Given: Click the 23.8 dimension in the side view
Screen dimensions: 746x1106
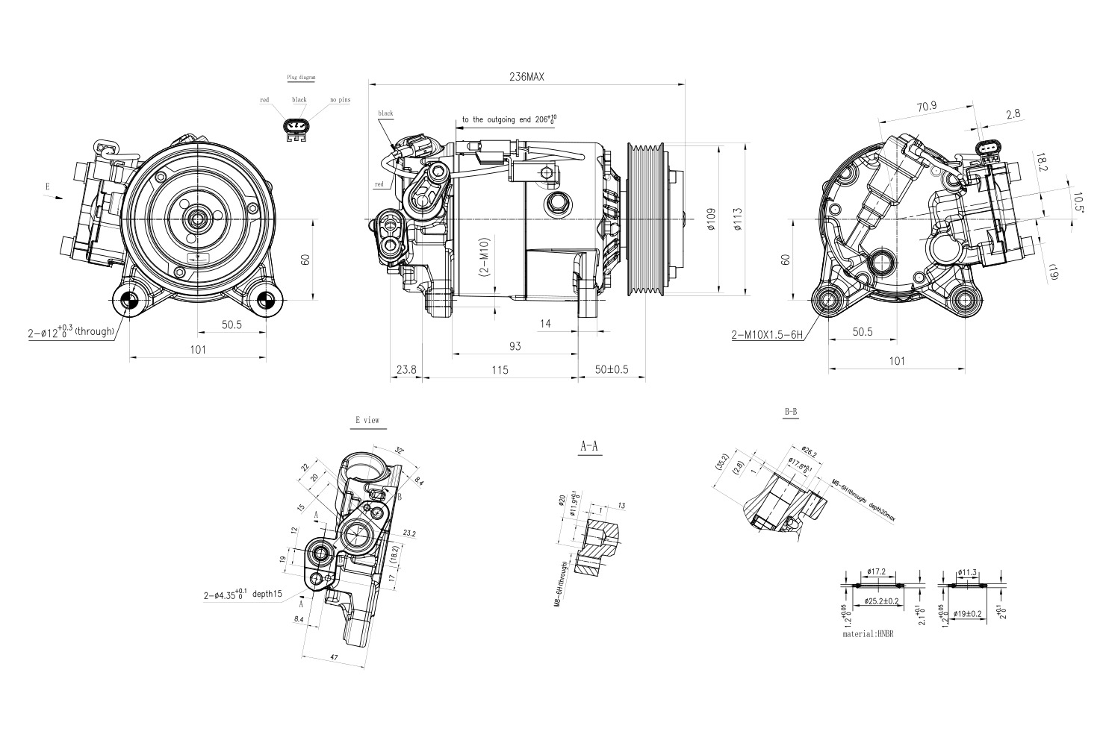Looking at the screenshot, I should [406, 370].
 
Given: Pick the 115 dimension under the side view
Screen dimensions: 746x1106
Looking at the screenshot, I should [500, 370].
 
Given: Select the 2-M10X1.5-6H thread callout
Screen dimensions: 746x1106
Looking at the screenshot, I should [767, 335].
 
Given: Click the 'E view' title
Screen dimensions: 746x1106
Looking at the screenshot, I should [367, 421].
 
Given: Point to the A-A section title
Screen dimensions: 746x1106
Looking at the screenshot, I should [589, 447].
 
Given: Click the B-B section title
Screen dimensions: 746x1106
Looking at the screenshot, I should [791, 412].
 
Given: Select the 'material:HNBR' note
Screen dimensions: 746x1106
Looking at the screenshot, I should [867, 634].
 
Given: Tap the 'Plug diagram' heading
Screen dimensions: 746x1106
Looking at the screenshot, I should [302, 78].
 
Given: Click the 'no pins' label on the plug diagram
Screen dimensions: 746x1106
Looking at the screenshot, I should [340, 100].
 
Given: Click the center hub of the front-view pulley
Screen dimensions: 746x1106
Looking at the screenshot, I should [198, 219].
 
